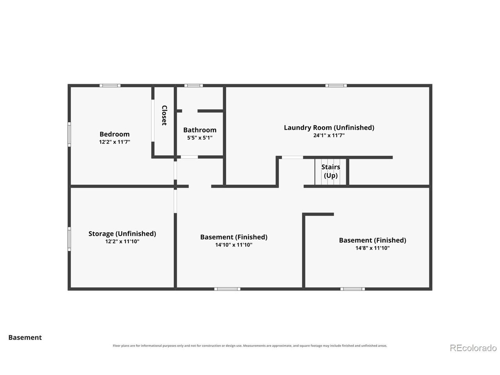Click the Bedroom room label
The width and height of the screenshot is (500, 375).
[x=114, y=134]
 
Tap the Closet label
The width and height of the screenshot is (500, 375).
[x=164, y=115]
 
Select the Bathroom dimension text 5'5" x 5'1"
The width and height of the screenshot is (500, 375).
[x=200, y=138]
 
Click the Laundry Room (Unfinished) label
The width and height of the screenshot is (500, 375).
[x=329, y=127]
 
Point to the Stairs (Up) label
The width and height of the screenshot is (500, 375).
[x=330, y=171]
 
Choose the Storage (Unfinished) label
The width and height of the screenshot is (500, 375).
[x=122, y=234]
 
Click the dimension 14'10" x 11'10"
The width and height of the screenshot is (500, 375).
[x=234, y=245]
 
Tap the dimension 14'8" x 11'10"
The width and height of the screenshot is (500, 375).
[x=372, y=248]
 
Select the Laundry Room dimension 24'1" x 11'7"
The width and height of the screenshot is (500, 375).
[x=329, y=135]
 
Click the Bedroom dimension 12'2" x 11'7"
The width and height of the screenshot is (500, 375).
[x=114, y=142]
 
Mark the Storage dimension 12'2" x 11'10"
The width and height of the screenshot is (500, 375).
[x=122, y=241]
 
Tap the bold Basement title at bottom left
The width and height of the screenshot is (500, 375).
[x=25, y=337]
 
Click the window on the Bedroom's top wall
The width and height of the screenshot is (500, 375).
[x=110, y=86]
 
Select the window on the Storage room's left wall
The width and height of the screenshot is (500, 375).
[x=69, y=239]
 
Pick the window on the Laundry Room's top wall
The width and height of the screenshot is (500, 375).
[x=336, y=86]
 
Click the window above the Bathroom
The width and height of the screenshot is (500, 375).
[x=194, y=86]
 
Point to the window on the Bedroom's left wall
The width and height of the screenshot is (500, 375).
[x=69, y=134]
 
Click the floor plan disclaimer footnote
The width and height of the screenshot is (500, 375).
[x=250, y=346]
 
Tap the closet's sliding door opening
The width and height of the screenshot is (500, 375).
[x=153, y=120]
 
